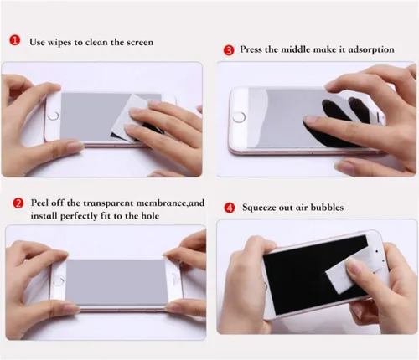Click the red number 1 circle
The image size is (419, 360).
coord(14,40)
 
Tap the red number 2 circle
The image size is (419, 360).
coord(18,203)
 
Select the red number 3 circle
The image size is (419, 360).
coord(229,50)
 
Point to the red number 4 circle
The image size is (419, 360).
coord(230,208)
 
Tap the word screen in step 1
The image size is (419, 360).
coord(140,43)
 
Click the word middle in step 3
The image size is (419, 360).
coord(295,49)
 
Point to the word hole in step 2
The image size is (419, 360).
coord(150,216)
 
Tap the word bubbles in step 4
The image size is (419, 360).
coord(327,208)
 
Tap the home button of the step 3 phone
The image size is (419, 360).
coord(239,117)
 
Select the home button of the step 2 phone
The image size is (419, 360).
coord(59,280)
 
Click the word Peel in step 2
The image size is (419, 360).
coord(40,203)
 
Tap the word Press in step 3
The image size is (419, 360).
coord(251,49)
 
